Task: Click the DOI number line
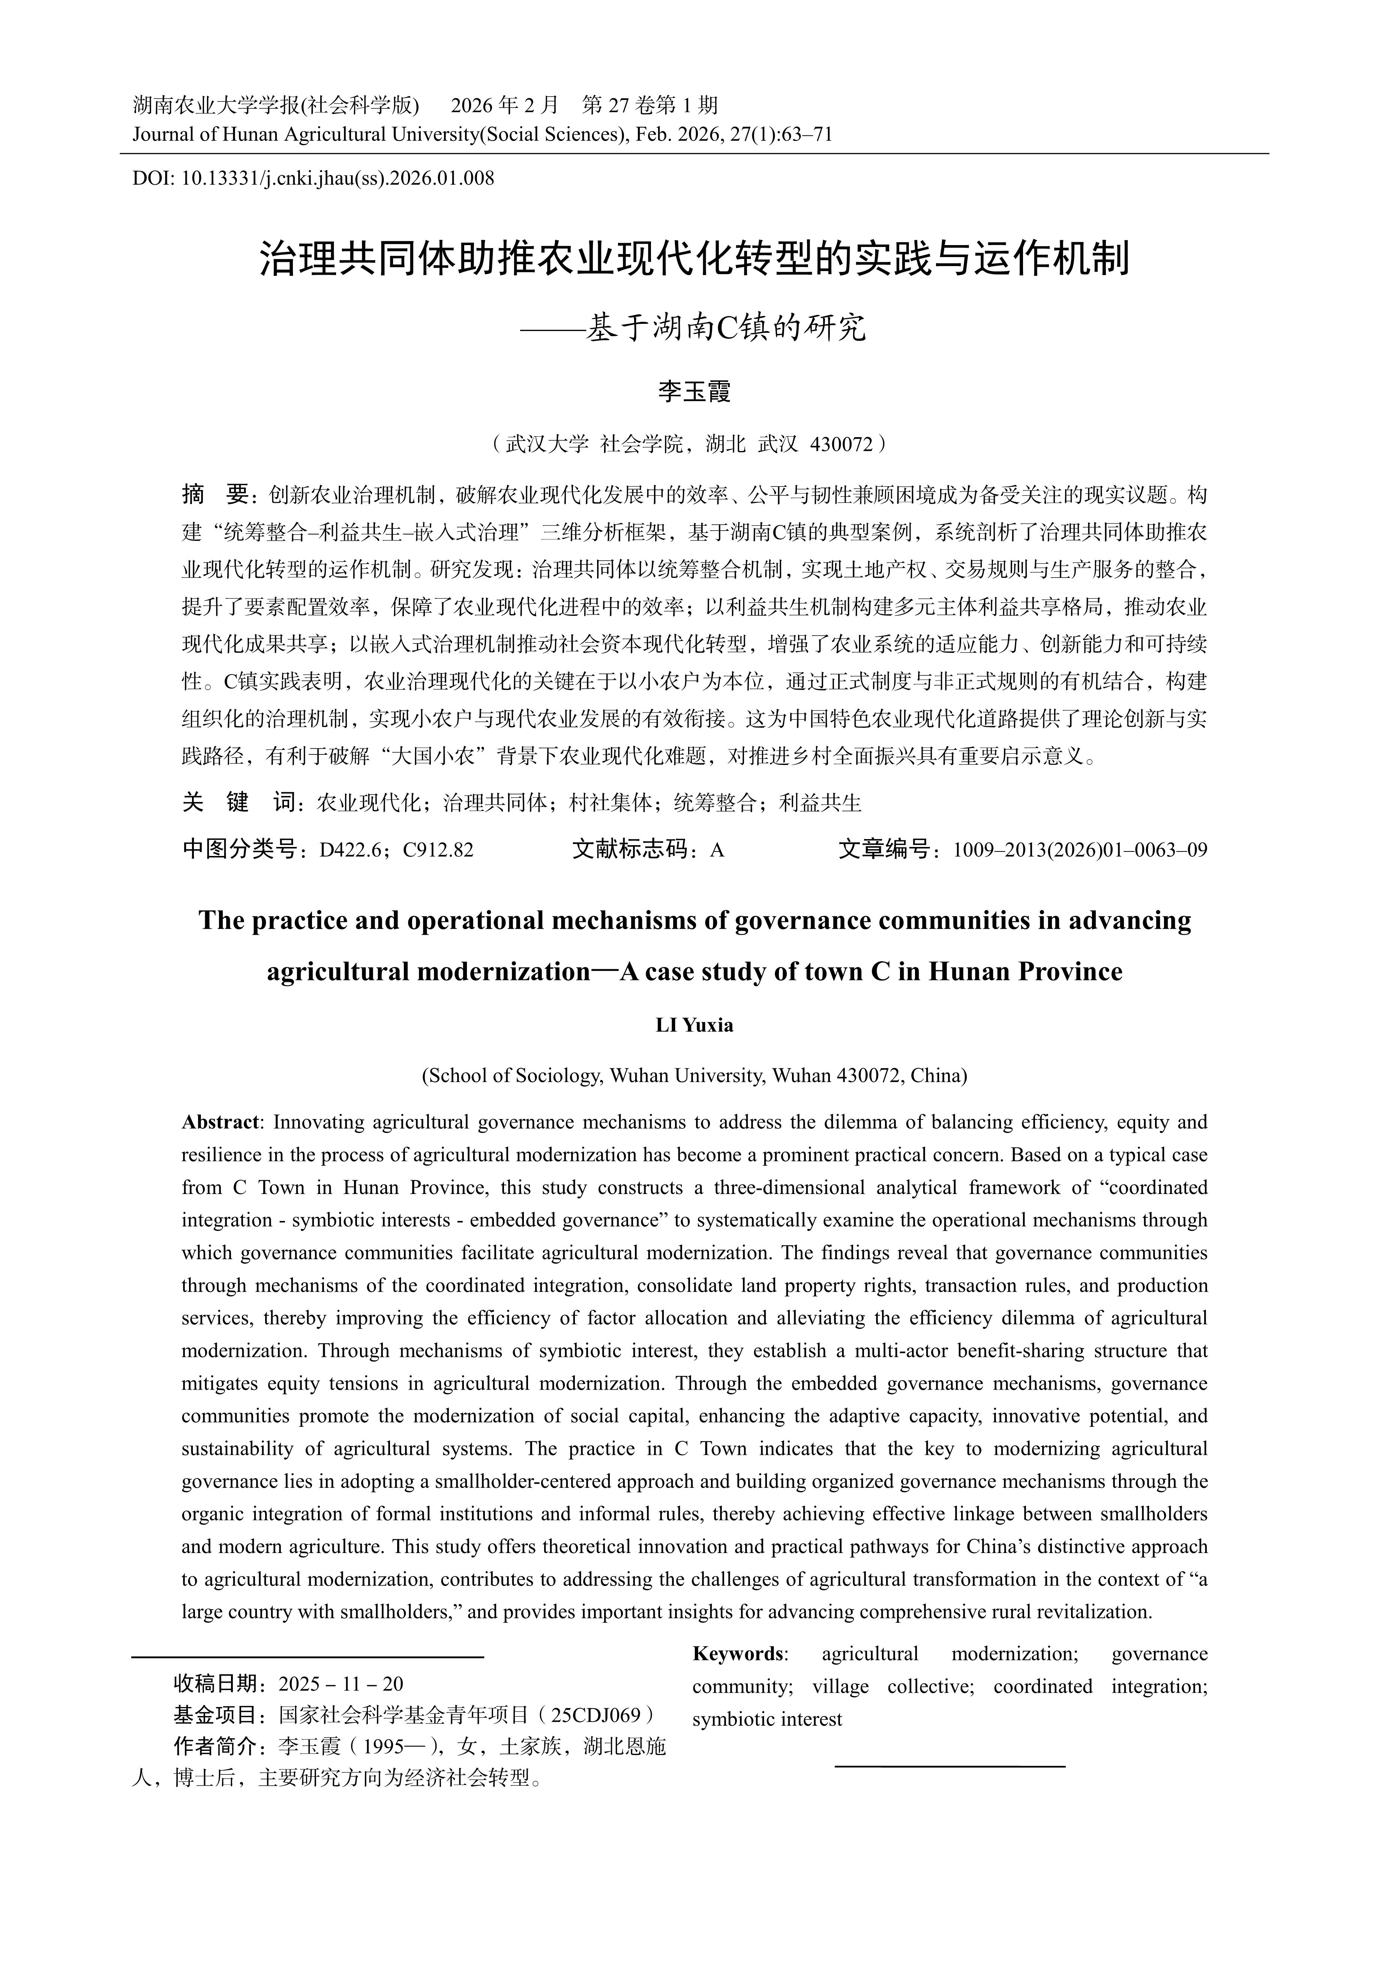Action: [x=313, y=179]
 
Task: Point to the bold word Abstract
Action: [x=220, y=1122]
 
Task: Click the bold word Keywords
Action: [x=739, y=1653]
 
